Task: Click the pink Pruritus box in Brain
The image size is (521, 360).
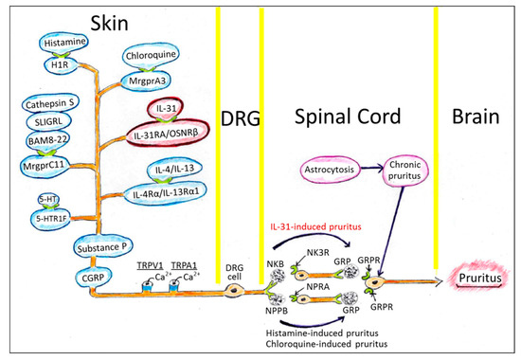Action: [x=479, y=280]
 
